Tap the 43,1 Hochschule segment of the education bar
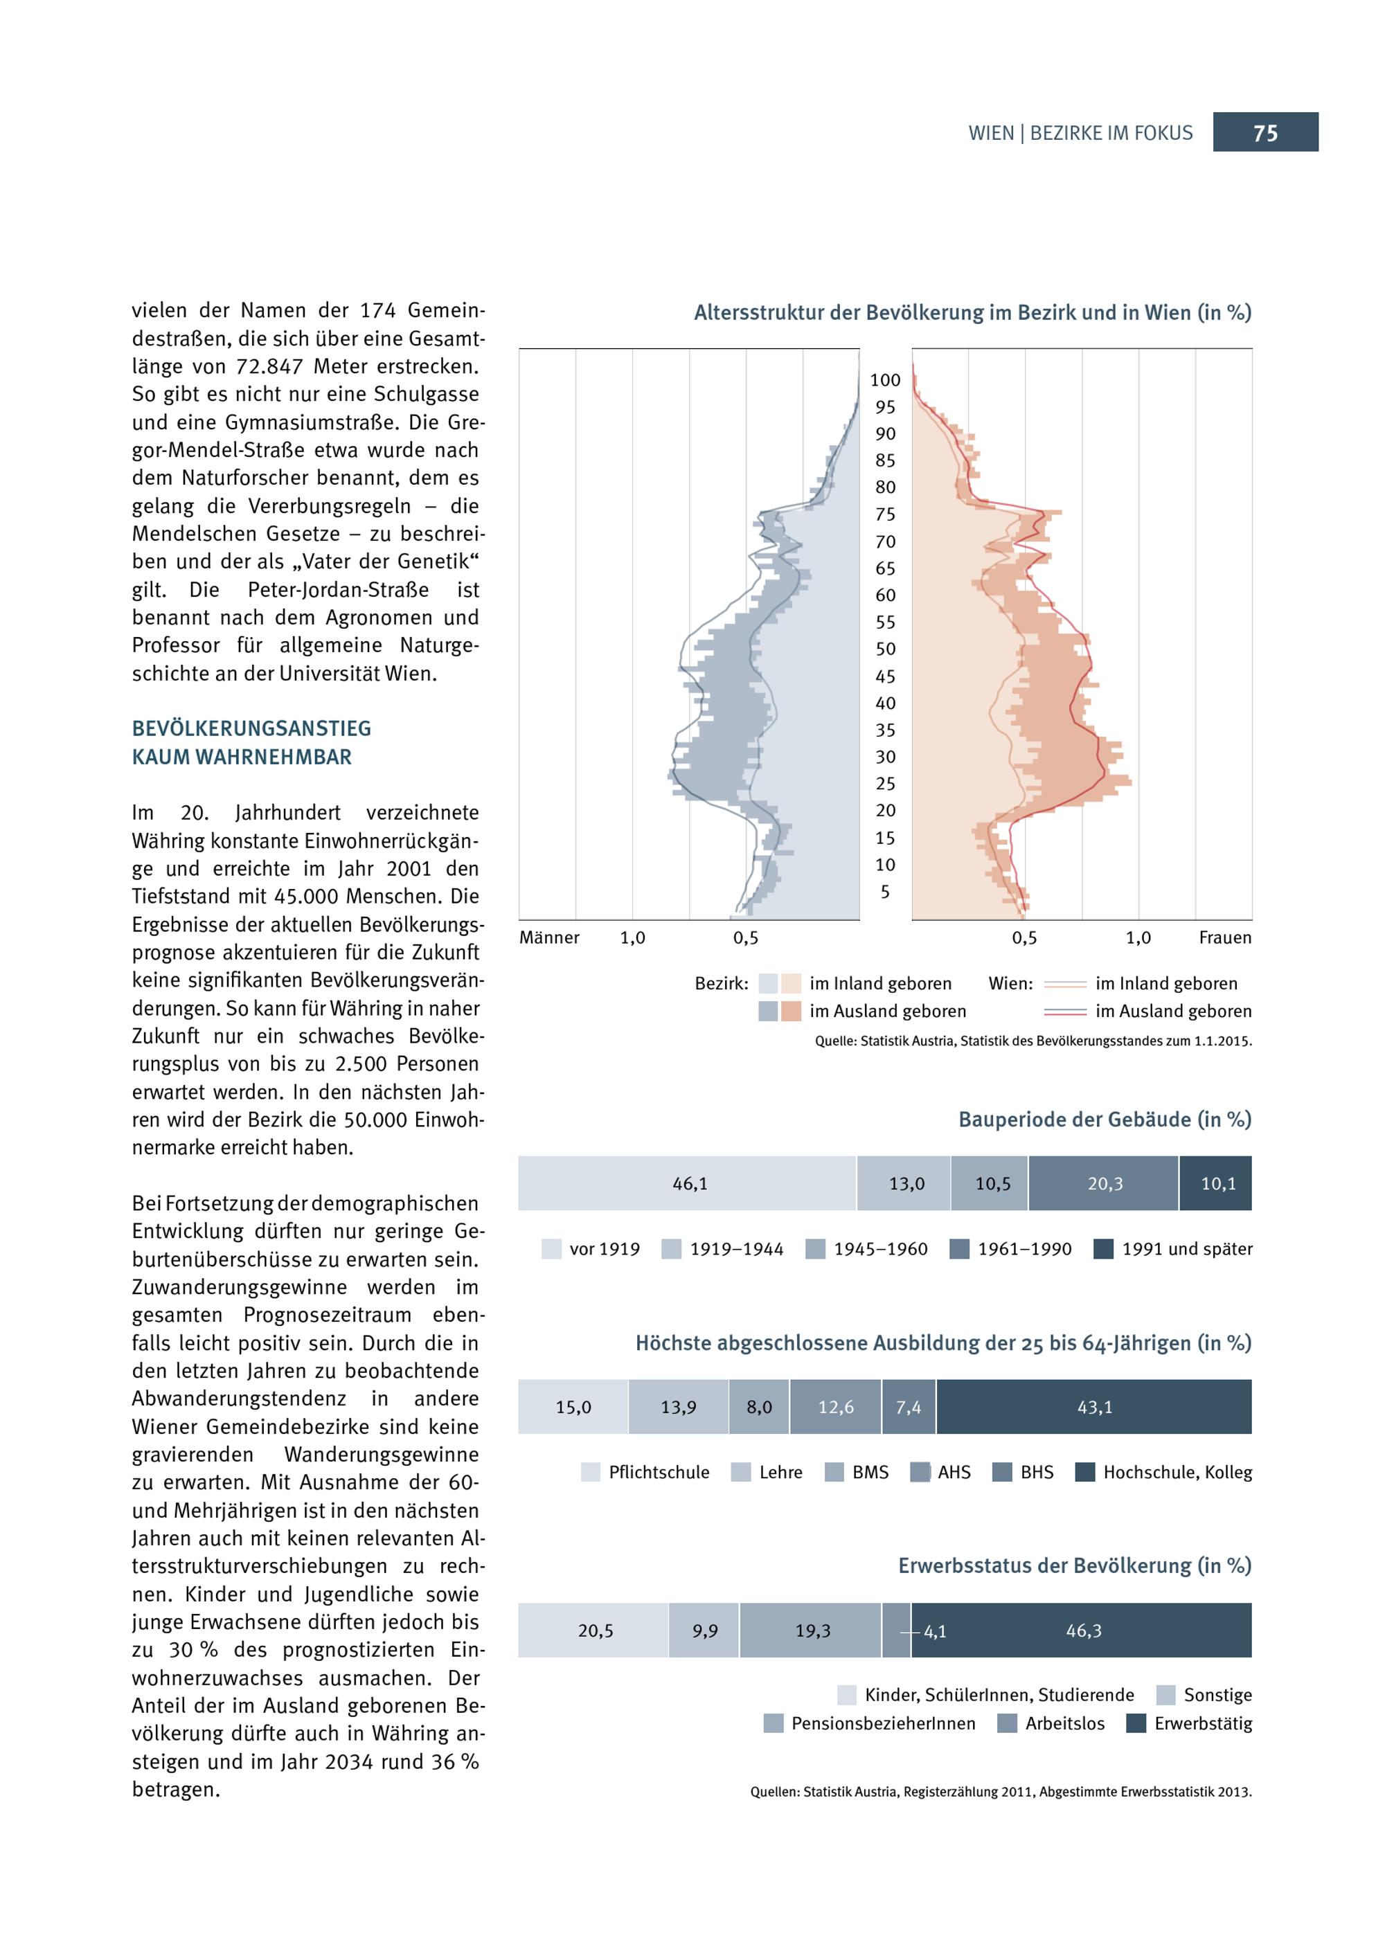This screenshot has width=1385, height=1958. click(1094, 1406)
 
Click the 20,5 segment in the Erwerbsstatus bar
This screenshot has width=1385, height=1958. click(593, 1630)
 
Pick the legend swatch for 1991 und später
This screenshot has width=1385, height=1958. click(1104, 1248)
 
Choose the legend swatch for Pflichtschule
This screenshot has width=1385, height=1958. click(590, 1472)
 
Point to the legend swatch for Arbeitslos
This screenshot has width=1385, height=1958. click(1007, 1723)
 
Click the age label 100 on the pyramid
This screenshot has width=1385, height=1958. click(885, 379)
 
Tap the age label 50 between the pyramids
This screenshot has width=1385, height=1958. click(885, 649)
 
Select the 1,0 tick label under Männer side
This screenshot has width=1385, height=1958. click(632, 937)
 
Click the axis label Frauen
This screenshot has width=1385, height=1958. click(1224, 937)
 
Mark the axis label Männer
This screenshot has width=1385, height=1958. click(549, 937)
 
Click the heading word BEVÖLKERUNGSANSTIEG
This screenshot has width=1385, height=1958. click(251, 728)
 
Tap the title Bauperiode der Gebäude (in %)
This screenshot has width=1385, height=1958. click(1105, 1119)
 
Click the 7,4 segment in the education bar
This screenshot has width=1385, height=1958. click(909, 1406)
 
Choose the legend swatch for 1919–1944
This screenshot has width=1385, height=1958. click(671, 1248)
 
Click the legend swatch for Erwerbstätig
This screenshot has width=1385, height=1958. click(1136, 1723)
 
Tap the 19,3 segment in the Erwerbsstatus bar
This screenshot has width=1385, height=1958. click(812, 1630)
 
